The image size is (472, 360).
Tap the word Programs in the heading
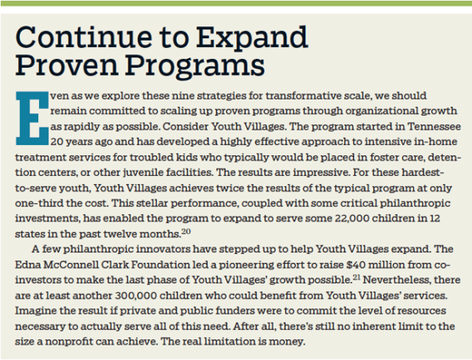(195, 65)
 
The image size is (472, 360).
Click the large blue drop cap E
(32, 118)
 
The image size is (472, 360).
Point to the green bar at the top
(236, 3)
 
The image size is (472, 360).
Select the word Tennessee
(434, 127)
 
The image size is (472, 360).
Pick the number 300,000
(136, 295)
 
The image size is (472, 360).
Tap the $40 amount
(356, 264)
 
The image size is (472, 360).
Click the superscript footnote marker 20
(186, 232)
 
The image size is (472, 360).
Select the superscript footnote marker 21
(356, 278)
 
